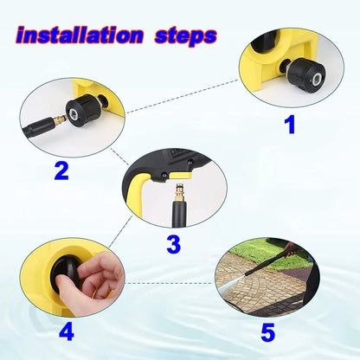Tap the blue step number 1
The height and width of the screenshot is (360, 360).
coord(290,125)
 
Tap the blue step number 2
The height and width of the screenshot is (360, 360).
coord(61,170)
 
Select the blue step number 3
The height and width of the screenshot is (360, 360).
coord(173,244)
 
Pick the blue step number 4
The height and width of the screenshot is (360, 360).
coord(66,331)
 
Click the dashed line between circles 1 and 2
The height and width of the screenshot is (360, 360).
coord(182,97)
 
